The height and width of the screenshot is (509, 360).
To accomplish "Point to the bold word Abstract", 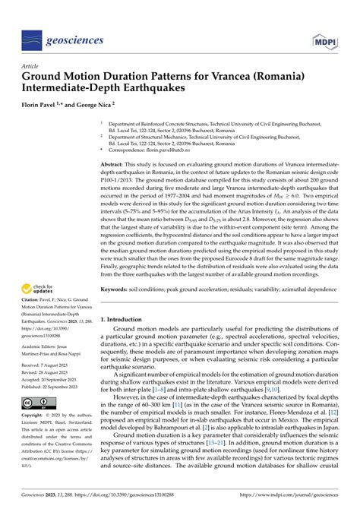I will click(x=115, y=164).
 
